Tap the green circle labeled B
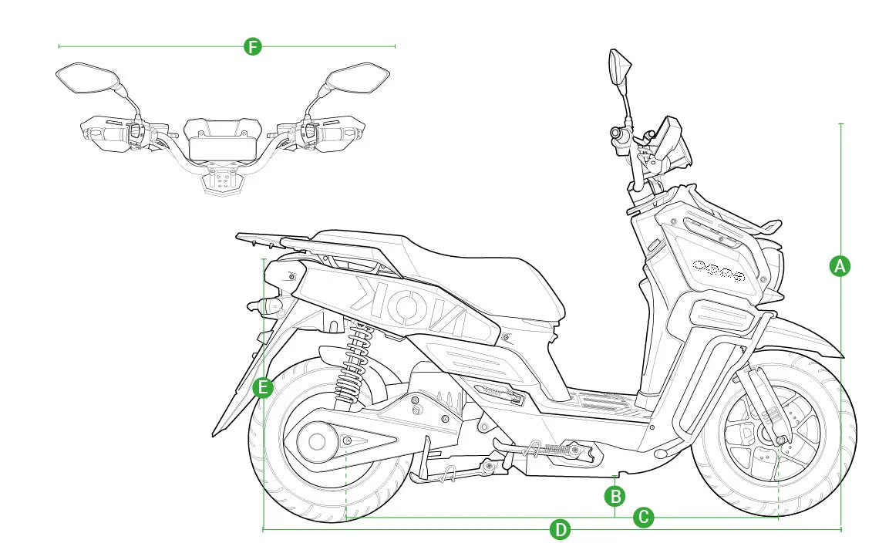pyautogui.click(x=615, y=495)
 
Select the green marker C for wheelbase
pyautogui.click(x=644, y=518)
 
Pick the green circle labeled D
pyautogui.click(x=561, y=530)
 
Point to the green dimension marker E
pyautogui.click(x=264, y=386)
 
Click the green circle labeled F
pyautogui.click(x=252, y=46)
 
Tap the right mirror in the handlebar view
pyautogui.click(x=357, y=78)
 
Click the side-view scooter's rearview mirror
pyautogui.click(x=619, y=67)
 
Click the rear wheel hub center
pyautogui.click(x=317, y=442)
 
